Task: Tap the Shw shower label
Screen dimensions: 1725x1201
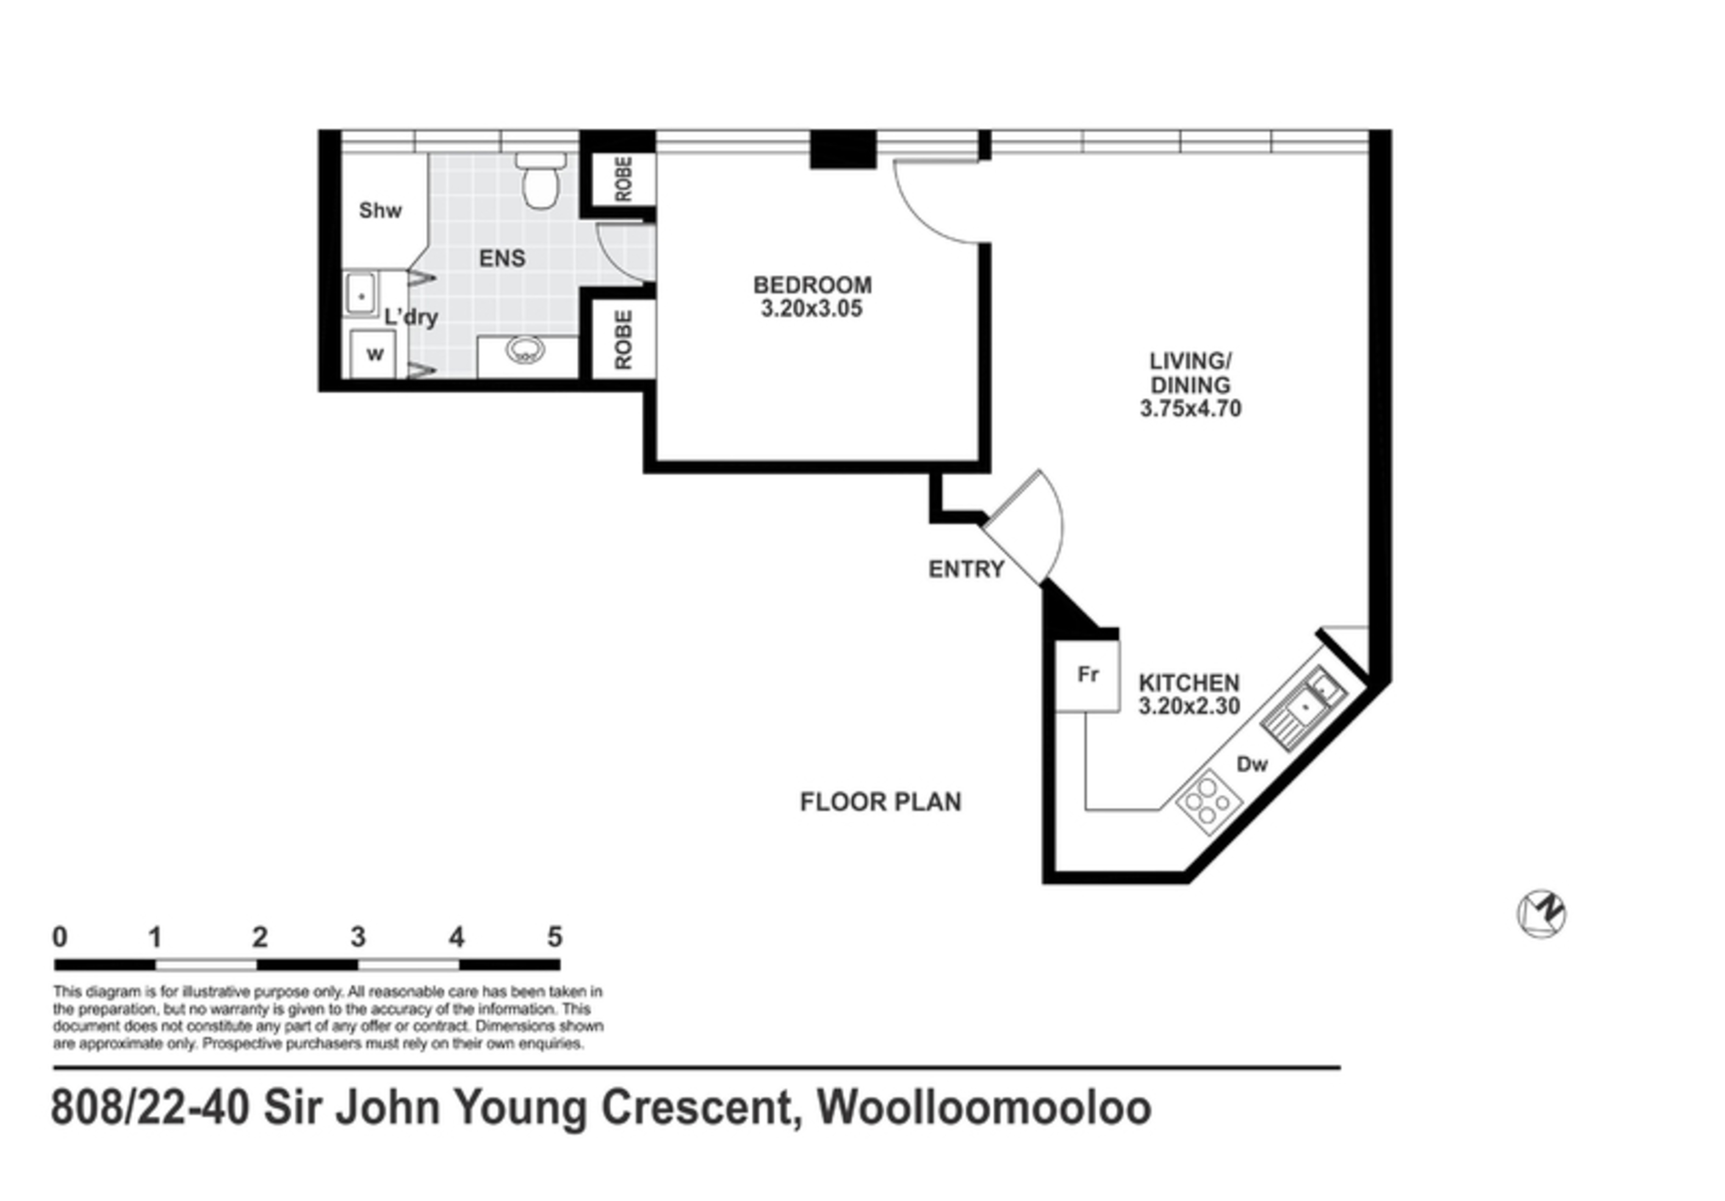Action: coord(380,210)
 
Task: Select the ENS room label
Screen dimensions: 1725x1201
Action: coord(502,259)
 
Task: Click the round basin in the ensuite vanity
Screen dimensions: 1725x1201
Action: coord(525,350)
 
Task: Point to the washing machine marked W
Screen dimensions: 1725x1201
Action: coord(374,354)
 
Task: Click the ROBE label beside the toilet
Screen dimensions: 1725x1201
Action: coord(624,179)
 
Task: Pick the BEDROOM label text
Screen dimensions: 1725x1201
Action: coord(812,285)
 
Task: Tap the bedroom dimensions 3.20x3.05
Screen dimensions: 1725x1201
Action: coord(812,309)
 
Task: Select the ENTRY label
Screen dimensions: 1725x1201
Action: coord(966,569)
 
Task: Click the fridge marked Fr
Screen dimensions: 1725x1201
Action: coord(1087,675)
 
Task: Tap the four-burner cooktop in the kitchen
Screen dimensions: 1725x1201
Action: coord(1209,802)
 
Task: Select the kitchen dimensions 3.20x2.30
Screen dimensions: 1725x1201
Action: coord(1189,706)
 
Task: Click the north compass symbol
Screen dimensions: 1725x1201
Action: coord(1541,915)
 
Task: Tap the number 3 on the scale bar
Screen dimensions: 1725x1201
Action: coord(358,937)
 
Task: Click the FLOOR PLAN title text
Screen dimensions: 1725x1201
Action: coord(881,802)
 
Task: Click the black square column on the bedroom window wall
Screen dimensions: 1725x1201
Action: coord(843,149)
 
